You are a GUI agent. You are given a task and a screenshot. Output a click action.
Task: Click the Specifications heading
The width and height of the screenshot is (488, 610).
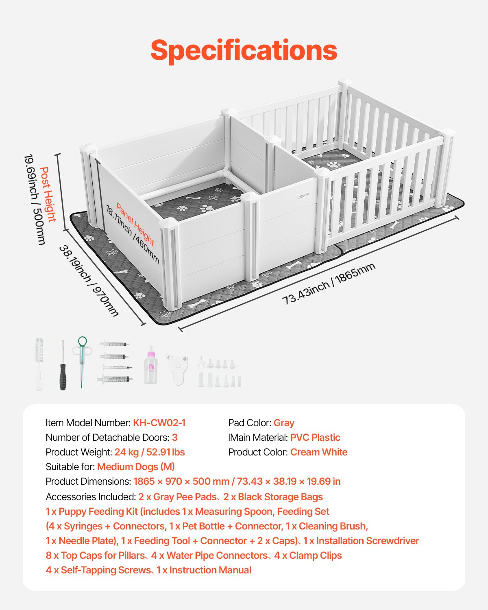point(244,50)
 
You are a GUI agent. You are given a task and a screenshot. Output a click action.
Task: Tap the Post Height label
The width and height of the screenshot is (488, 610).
point(48,194)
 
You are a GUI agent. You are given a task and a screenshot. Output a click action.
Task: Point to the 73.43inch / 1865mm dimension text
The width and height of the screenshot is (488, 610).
point(329,283)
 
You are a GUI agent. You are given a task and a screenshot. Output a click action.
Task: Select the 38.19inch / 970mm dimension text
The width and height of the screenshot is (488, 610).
point(89,281)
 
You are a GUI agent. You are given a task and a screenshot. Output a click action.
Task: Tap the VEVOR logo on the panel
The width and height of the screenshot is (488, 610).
point(303,196)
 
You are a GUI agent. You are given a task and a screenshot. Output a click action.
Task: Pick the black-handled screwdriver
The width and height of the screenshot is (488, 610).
point(63,366)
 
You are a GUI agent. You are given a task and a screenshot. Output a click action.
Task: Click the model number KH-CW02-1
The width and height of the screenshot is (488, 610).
point(159,423)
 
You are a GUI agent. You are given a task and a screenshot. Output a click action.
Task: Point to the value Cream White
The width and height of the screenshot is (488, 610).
point(319,452)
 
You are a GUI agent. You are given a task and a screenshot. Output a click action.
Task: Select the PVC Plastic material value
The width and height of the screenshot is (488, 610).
point(315,438)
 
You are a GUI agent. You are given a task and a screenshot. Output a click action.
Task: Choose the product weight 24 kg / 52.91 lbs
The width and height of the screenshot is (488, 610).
point(150,452)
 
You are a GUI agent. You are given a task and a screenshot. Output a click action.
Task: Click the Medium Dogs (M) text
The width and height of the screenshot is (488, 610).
point(136,467)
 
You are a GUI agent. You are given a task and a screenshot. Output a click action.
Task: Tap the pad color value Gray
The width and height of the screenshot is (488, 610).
point(284,423)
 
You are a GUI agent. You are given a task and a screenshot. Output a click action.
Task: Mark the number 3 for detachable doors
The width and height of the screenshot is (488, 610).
point(175,438)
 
